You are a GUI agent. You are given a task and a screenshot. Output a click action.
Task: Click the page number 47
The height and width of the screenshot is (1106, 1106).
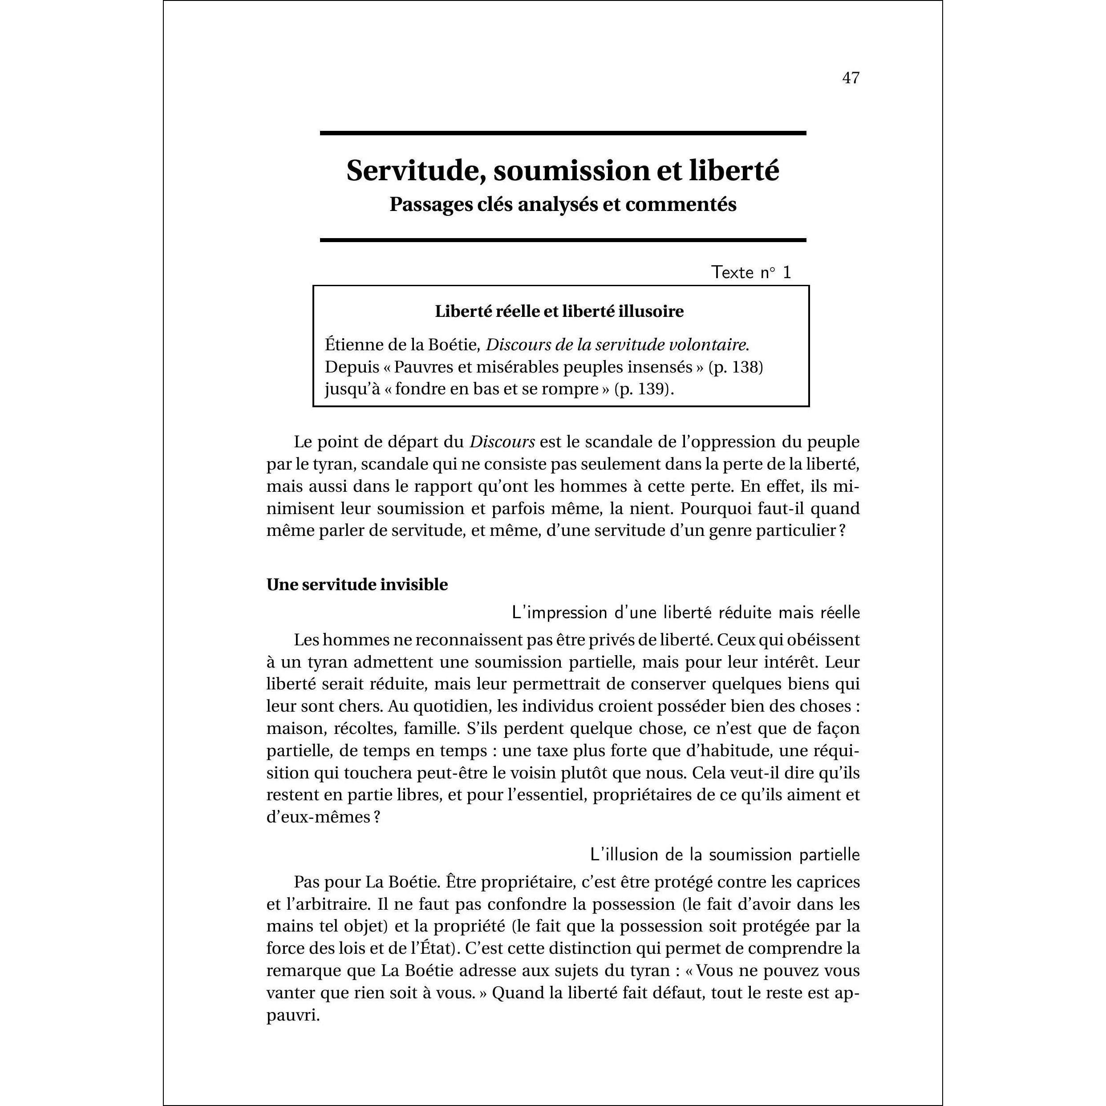[851, 78]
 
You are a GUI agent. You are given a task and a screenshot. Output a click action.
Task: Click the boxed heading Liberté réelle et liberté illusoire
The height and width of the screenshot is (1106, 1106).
[559, 312]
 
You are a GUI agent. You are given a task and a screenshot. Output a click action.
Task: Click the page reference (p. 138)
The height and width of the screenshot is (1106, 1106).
[736, 367]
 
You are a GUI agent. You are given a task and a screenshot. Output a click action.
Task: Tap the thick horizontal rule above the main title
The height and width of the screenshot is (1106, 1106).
[563, 134]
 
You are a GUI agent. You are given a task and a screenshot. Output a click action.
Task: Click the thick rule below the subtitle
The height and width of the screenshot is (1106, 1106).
[563, 240]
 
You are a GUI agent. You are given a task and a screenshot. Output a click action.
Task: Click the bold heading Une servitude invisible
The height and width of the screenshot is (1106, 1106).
[357, 585]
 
